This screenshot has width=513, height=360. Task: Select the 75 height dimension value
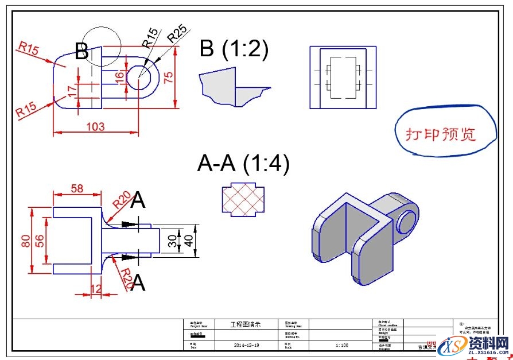tap(168, 78)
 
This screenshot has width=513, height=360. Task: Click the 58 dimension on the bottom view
tap(76, 188)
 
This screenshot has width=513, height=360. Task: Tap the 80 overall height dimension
tap(26, 241)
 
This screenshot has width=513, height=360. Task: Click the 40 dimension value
tap(189, 241)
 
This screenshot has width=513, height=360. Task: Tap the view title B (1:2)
tap(234, 49)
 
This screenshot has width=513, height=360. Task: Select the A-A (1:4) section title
tap(243, 164)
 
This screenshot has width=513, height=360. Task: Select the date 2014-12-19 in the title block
tap(247, 345)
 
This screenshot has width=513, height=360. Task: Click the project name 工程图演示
tap(245, 324)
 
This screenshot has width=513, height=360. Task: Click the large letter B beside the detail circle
tap(82, 52)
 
